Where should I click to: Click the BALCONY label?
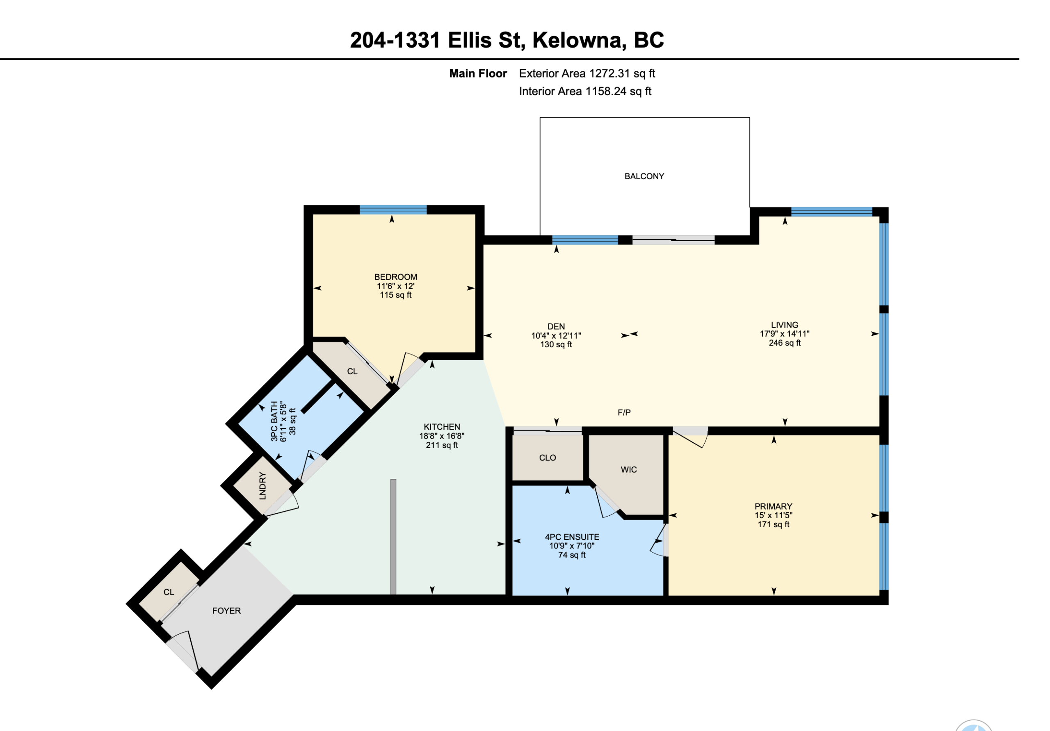pos(644,176)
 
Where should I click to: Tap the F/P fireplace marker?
pos(624,412)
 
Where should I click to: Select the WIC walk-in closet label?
pos(628,469)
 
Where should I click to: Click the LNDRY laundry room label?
pos(262,485)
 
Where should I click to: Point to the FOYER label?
pos(226,611)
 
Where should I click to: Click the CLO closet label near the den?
pos(548,458)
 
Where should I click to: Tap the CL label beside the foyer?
pos(169,592)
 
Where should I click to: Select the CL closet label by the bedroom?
pos(352,371)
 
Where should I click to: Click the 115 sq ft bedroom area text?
pos(395,295)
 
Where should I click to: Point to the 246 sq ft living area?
pos(785,343)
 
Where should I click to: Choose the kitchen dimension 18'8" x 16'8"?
pos(442,436)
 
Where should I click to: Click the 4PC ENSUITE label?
pos(572,537)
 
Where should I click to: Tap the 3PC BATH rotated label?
pos(274,421)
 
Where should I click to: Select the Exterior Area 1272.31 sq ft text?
pos(587,74)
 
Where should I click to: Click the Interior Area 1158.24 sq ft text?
pos(585,91)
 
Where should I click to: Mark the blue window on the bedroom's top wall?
pos(393,210)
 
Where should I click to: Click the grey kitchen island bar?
pos(393,537)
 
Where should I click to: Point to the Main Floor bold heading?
pos(478,74)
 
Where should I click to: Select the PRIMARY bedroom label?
pos(773,506)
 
